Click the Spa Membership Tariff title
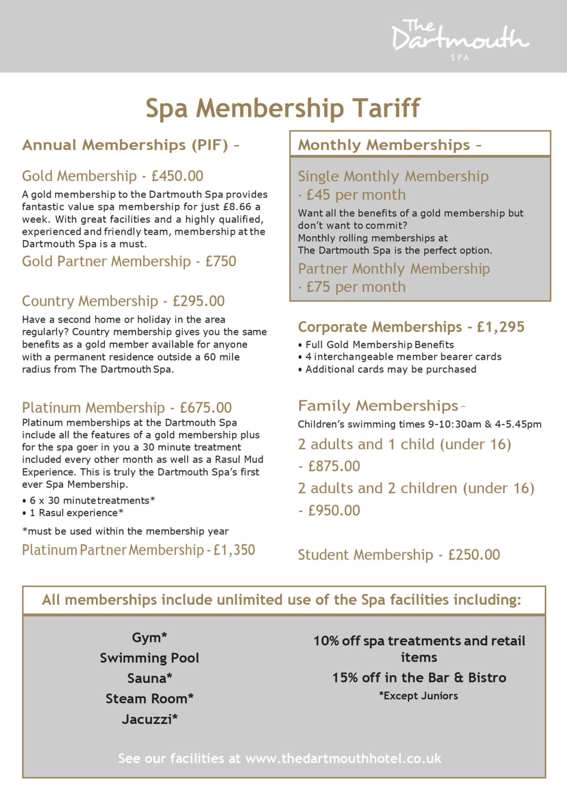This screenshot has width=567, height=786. [x=283, y=108]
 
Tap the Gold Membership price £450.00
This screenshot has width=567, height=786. [x=177, y=176]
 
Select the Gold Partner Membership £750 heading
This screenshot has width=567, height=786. [x=129, y=261]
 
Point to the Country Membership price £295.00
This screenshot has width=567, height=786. [x=198, y=301]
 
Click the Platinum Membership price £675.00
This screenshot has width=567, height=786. [x=206, y=408]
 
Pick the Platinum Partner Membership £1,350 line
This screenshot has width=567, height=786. [x=138, y=550]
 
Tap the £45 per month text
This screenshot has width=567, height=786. [x=355, y=195]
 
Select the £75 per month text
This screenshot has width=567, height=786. [x=355, y=287]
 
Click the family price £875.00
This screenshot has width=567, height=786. [x=334, y=466]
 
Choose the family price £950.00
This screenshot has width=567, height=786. [x=334, y=511]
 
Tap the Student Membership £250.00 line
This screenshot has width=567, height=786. [x=399, y=555]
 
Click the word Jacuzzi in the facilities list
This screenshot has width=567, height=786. [x=149, y=719]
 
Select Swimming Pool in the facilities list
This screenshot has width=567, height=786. [x=149, y=658]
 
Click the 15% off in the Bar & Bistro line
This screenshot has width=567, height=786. [x=419, y=678]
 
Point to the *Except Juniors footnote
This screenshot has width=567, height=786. [x=419, y=696]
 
